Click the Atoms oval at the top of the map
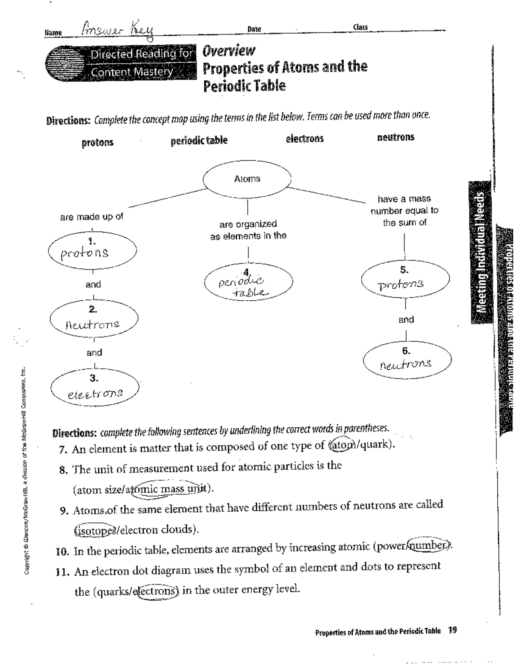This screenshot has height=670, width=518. coord(247,179)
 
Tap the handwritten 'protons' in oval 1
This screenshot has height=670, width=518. coord(85,253)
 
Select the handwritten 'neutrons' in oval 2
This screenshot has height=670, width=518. coord(92,324)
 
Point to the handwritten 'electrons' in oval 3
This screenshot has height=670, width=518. coord(95,393)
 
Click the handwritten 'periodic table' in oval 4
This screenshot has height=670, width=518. coord(244,286)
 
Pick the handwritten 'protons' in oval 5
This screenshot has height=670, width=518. coord(401,285)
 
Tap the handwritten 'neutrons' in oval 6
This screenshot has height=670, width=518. coord(405,365)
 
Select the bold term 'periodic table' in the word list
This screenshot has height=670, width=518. coord(199,141)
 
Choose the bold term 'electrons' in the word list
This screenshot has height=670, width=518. coord(304,139)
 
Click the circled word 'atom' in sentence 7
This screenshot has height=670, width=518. coord(339,445)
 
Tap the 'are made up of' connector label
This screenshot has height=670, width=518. coord(92,217)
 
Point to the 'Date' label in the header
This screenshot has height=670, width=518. coord(254,29)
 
